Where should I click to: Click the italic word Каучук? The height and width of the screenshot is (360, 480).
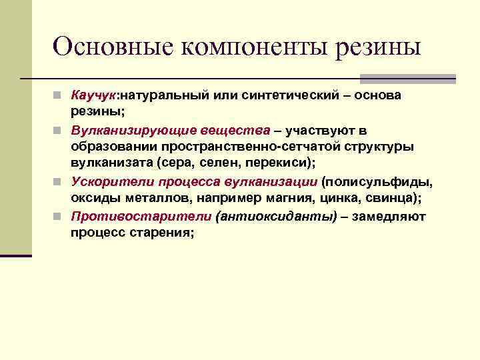click(x=93, y=96)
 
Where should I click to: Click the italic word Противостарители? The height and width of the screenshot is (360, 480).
click(x=122, y=216)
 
